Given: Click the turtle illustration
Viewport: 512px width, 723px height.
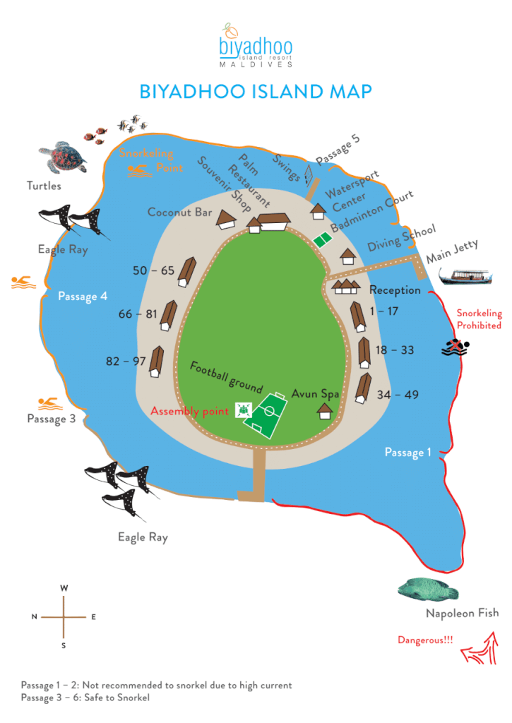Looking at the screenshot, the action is pyautogui.click(x=63, y=157).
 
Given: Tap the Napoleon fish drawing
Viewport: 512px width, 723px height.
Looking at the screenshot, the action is pyautogui.click(x=428, y=590).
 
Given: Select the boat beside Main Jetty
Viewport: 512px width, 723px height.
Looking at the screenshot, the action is pyautogui.click(x=465, y=277).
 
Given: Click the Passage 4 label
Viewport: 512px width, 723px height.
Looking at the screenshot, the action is pyautogui.click(x=83, y=297).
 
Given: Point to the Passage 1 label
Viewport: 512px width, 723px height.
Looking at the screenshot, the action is pyautogui.click(x=408, y=453).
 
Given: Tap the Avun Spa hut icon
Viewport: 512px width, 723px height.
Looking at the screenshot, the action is pyautogui.click(x=325, y=411).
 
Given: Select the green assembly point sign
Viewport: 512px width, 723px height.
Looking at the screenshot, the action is pyautogui.click(x=243, y=410).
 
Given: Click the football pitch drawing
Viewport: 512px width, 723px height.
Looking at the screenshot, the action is pyautogui.click(x=266, y=415).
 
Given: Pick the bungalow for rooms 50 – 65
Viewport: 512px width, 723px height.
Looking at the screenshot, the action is pyautogui.click(x=187, y=272).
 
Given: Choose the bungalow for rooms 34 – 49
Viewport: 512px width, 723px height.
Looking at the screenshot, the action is pyautogui.click(x=364, y=388).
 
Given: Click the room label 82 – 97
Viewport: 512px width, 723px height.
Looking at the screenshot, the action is pyautogui.click(x=126, y=361).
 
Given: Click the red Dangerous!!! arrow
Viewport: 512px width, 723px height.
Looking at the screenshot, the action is pyautogui.click(x=481, y=650).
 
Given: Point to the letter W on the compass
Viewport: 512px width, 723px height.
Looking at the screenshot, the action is pyautogui.click(x=64, y=588).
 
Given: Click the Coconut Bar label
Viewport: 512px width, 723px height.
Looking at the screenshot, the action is pyautogui.click(x=179, y=212).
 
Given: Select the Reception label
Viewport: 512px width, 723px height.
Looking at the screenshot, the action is pyautogui.click(x=395, y=290).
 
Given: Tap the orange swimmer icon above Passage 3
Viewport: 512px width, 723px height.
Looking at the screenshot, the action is pyautogui.click(x=50, y=404).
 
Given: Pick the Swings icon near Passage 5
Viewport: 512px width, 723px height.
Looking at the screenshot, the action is pyautogui.click(x=309, y=176).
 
